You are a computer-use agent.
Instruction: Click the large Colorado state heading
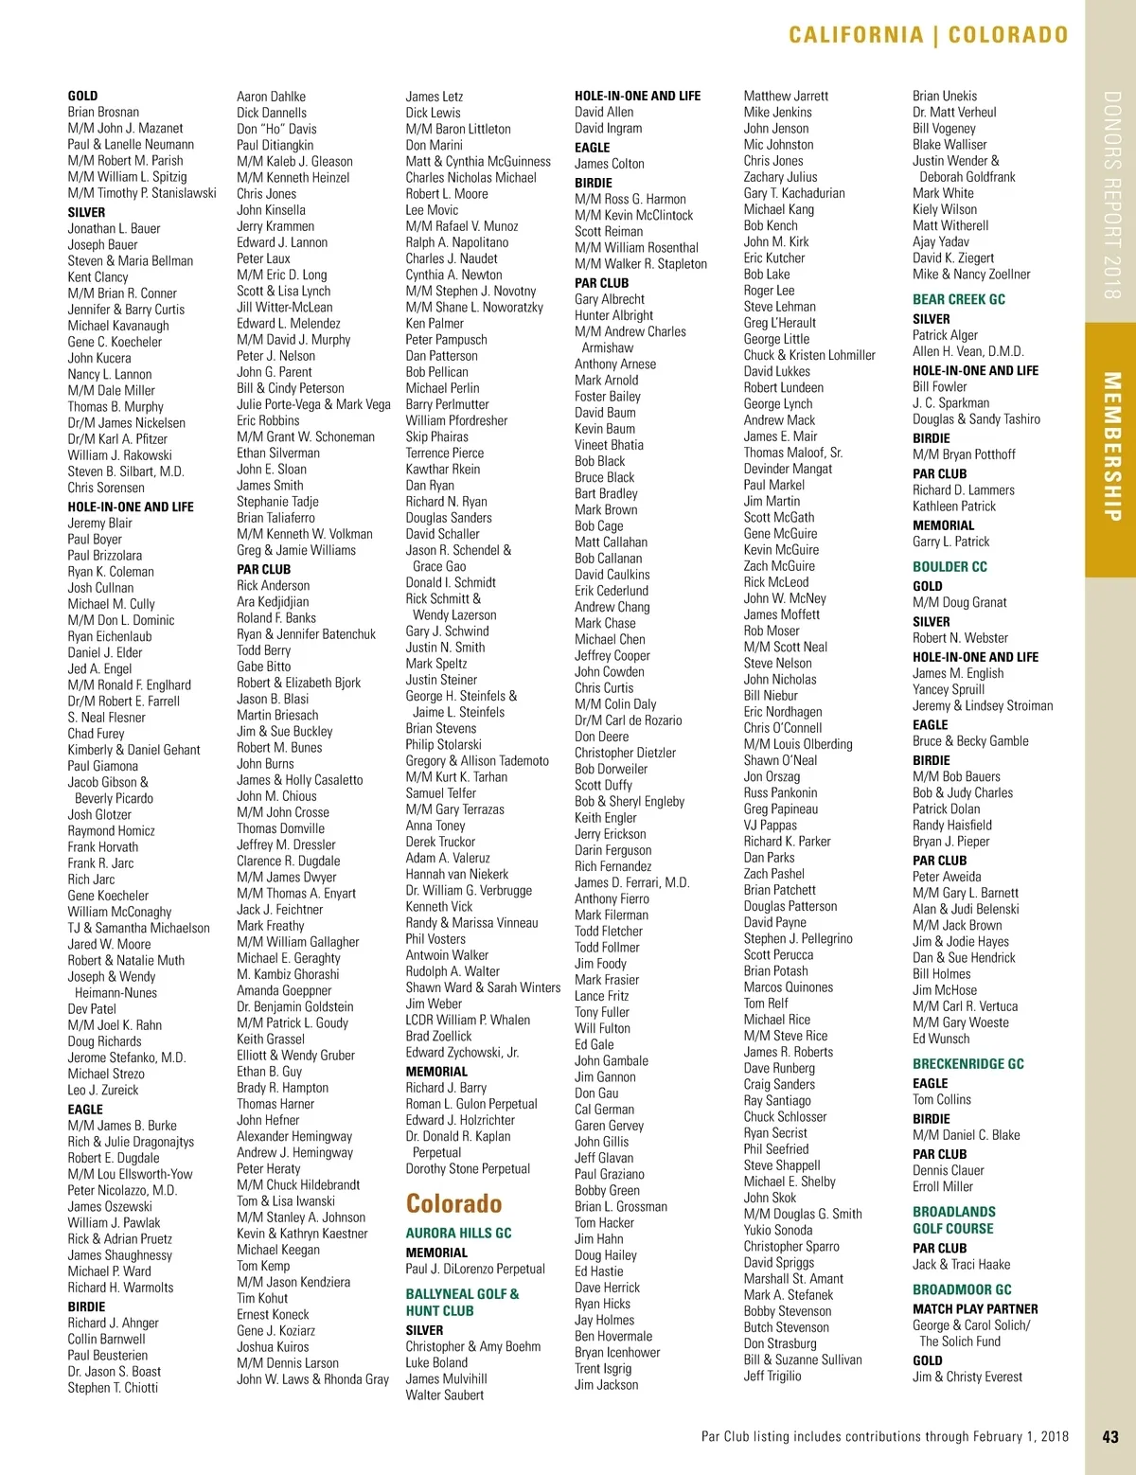pos(453,1203)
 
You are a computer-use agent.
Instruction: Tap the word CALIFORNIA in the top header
pos(856,36)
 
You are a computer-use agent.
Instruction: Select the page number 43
pos(1110,1436)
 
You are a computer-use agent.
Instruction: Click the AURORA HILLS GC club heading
pos(458,1233)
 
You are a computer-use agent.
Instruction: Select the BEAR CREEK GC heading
pos(958,299)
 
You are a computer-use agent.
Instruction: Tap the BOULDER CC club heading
pos(950,566)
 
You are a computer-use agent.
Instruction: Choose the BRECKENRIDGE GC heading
pos(967,1063)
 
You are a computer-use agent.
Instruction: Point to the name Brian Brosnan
pos(103,112)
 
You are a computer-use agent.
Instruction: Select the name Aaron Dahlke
pos(271,97)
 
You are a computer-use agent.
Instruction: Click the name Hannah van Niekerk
pos(456,874)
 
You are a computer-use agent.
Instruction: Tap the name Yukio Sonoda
pos(777,1230)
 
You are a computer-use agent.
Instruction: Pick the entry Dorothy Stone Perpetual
pos(468,1168)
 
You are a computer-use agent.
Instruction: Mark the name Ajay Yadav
pos(940,241)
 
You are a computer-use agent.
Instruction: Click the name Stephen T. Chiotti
pos(113,1387)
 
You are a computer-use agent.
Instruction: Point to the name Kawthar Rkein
pos(442,469)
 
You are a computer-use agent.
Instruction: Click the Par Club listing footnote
pos(884,1436)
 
